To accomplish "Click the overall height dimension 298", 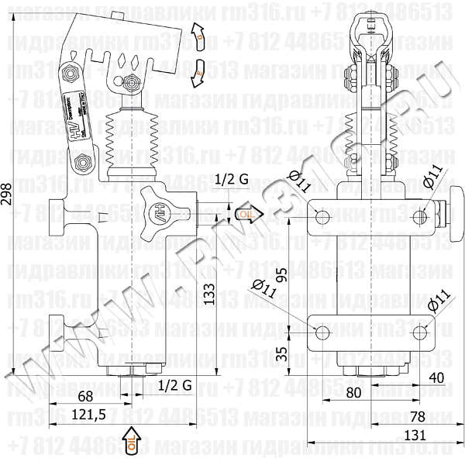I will [x=9, y=200].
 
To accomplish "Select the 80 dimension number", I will [x=354, y=393].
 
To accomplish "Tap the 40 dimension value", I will [x=436, y=377].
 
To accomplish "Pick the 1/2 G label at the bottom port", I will [x=174, y=385].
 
